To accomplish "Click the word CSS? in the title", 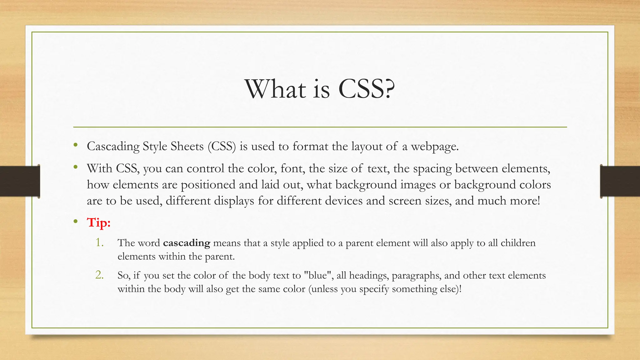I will click(367, 89).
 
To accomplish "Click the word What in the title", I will click(275, 89).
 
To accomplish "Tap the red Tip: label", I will click(99, 222).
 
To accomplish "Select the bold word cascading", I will click(187, 243).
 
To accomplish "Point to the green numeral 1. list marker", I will click(99, 242).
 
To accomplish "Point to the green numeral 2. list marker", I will click(99, 275).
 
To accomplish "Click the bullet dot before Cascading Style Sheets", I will click(75, 145).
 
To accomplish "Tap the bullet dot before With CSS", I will click(75, 167).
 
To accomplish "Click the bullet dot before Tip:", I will click(75, 222).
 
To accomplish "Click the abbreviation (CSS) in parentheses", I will click(222, 146).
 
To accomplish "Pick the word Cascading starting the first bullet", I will click(113, 147).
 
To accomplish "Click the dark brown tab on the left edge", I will click(20, 181).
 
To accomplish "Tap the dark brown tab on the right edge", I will click(620, 181).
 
